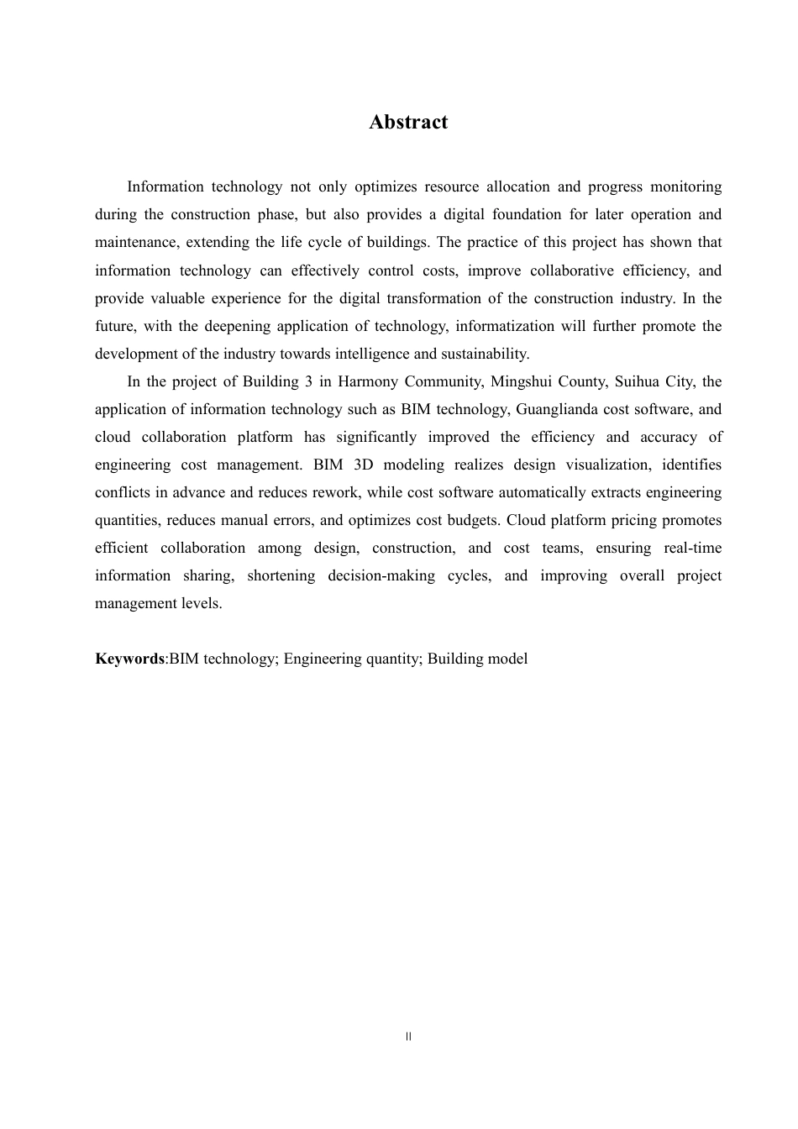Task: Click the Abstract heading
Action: tap(408, 123)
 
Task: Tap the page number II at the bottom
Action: tap(408, 1037)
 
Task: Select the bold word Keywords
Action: tap(129, 659)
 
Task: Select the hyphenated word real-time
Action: tap(692, 548)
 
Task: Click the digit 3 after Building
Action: tap(309, 381)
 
